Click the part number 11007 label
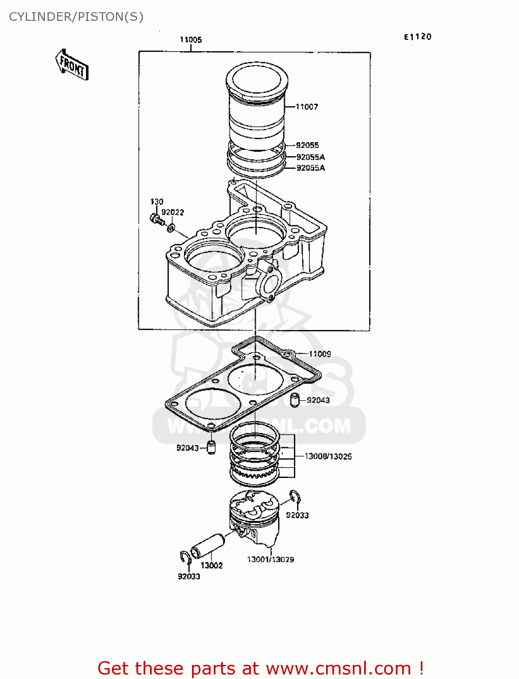pyautogui.click(x=307, y=107)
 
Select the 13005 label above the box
pyautogui.click(x=191, y=40)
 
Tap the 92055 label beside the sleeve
pyautogui.click(x=307, y=145)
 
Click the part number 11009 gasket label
pyautogui.click(x=320, y=354)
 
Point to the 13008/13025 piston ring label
pyautogui.click(x=328, y=456)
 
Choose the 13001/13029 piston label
pyautogui.click(x=270, y=559)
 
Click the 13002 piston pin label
pyautogui.click(x=211, y=565)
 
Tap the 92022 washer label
pyautogui.click(x=173, y=212)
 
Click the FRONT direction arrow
pyautogui.click(x=72, y=65)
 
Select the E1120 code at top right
pyautogui.click(x=418, y=37)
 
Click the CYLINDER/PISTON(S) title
pyautogui.click(x=76, y=17)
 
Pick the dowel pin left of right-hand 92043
pyautogui.click(x=295, y=400)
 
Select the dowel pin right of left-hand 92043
pyautogui.click(x=211, y=447)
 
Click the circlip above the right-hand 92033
pyautogui.click(x=295, y=497)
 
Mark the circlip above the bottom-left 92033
pyautogui.click(x=184, y=558)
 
